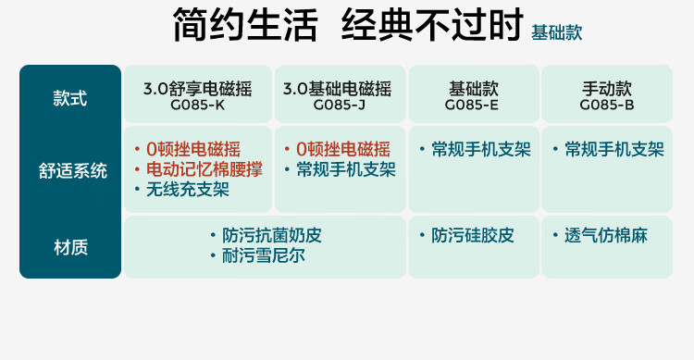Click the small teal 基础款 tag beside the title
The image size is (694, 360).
coord(556,32)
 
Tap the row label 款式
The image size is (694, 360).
coord(70,98)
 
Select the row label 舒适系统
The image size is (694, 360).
coord(72,171)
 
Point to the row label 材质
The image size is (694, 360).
coord(70,247)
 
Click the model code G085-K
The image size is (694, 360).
coord(197,105)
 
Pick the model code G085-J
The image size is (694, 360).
coord(340,105)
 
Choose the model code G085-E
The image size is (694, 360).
coord(472,105)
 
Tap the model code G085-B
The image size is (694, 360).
coord(607,105)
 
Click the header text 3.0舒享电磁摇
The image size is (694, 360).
coord(197,89)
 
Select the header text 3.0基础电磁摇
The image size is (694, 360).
coord(337,89)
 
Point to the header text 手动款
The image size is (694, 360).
coord(607,89)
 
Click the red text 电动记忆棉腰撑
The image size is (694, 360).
coord(204,169)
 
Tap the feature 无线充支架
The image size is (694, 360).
coord(188,190)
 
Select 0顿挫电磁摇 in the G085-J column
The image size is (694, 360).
coord(343,149)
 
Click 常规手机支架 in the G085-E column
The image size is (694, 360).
coord(481,149)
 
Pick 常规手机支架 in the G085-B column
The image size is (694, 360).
coord(614,149)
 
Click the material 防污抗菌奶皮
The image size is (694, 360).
coord(272,235)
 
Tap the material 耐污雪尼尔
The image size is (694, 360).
coord(264,255)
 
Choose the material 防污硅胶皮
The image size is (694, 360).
coord(473,235)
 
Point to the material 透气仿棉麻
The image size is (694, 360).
coord(606,235)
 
